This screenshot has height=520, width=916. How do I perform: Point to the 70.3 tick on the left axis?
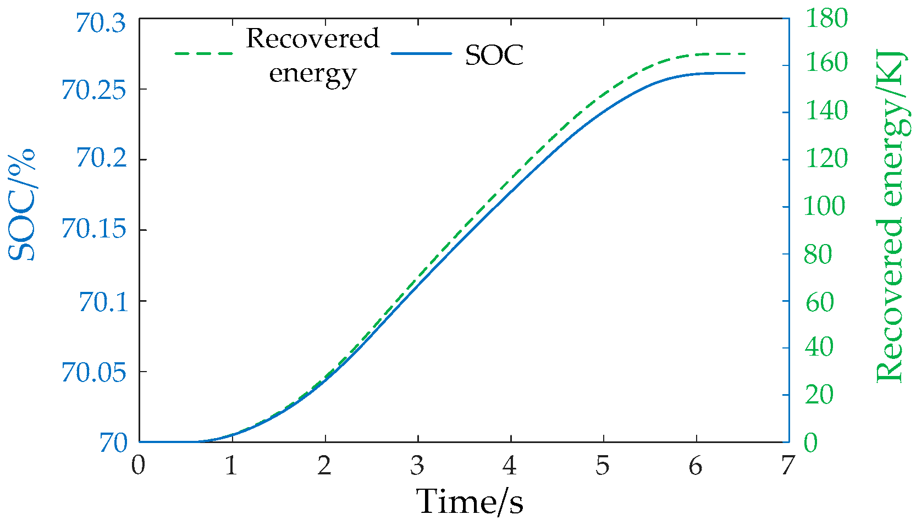click(x=101, y=23)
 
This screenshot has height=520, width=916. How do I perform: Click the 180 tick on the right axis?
click(x=826, y=18)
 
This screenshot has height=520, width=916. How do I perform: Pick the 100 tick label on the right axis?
click(x=825, y=206)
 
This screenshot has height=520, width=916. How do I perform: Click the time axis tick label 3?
click(x=417, y=466)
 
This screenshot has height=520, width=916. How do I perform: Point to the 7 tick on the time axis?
click(x=788, y=466)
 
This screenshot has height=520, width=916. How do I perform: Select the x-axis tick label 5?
click(x=603, y=466)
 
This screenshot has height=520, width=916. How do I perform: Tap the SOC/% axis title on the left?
click(x=22, y=204)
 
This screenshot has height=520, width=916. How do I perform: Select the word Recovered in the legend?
click(x=313, y=38)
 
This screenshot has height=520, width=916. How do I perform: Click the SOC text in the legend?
click(x=494, y=55)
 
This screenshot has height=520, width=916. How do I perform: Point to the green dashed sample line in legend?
click(x=203, y=53)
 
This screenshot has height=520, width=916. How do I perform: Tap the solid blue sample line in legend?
click(x=421, y=53)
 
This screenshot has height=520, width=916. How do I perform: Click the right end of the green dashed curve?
click(x=744, y=54)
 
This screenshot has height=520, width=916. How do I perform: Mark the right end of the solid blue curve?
click(x=744, y=73)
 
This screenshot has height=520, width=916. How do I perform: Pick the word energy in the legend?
click(x=313, y=73)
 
